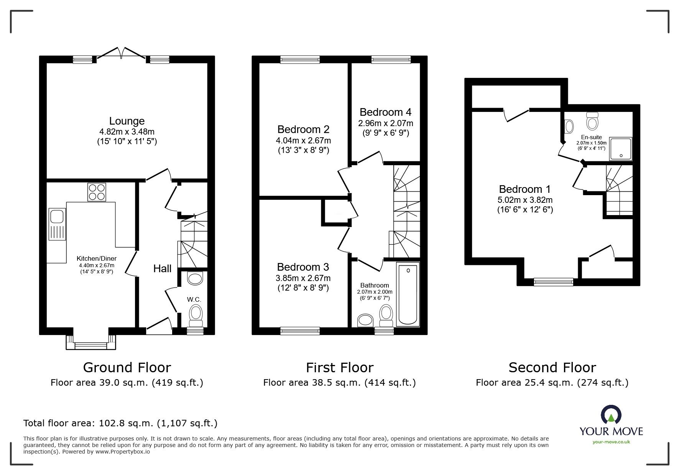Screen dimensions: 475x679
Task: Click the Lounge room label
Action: (127, 121)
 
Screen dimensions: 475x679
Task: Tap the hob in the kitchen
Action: (97, 192)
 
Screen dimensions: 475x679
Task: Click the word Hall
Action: (162, 268)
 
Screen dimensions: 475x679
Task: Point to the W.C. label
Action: (194, 299)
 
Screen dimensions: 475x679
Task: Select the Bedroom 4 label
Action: (385, 112)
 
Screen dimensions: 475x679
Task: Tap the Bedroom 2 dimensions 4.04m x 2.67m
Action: (303, 140)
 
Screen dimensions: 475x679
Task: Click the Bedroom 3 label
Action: (303, 267)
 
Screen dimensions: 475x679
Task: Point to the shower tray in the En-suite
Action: (620, 149)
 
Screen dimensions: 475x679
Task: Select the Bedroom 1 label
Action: (524, 189)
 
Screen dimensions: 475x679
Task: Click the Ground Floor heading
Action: (127, 368)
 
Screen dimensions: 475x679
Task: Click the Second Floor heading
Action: (552, 368)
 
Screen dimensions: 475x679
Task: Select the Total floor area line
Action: (120, 423)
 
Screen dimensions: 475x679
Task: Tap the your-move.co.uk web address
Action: (611, 442)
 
